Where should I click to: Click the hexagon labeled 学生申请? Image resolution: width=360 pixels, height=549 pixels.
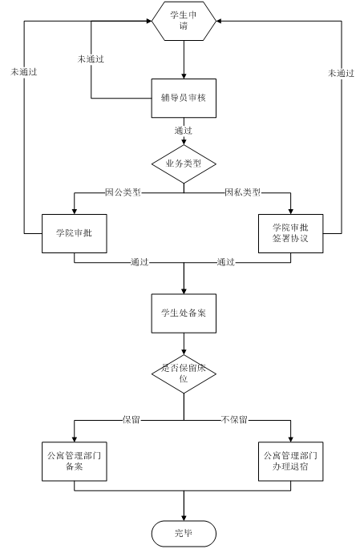184,21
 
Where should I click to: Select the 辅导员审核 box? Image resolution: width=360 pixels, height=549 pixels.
184,98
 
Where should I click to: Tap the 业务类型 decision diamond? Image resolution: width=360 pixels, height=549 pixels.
184,163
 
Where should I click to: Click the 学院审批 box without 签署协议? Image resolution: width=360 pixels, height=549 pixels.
75,233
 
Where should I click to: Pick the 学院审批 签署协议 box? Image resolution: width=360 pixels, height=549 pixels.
291,233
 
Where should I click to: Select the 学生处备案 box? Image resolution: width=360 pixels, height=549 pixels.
184,313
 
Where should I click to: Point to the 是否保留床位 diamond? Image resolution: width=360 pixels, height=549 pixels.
184,374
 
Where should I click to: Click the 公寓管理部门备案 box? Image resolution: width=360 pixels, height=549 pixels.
75,462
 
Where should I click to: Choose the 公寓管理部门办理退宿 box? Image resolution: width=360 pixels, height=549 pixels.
291,462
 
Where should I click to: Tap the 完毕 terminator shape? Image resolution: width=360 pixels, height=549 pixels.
184,534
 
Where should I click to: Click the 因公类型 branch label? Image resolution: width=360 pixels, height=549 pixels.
123,192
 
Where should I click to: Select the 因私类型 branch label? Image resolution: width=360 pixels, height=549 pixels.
243,192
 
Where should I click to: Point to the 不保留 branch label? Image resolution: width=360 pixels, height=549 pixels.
234,420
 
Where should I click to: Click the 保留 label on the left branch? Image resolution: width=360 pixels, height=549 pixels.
131,420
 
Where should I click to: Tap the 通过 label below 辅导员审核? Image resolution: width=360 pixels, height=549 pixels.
184,131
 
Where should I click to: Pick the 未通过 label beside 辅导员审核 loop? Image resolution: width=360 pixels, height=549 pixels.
91,59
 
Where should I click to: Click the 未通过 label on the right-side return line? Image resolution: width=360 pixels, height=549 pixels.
341,73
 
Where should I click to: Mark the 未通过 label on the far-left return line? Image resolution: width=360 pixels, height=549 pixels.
24,72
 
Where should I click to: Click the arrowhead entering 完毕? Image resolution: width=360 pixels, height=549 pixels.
184,518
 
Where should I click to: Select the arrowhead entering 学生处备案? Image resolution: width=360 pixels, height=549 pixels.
184,291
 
